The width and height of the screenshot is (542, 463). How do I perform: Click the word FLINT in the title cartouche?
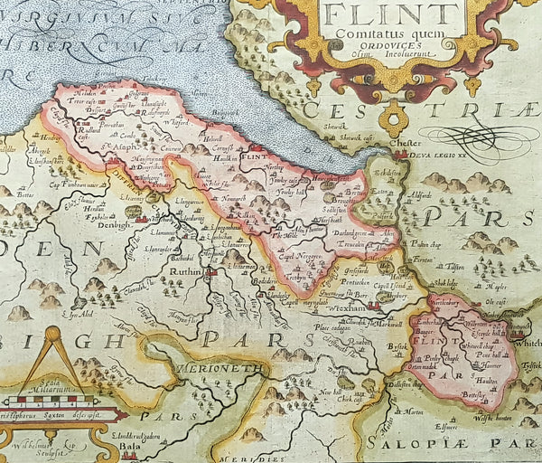[389, 14]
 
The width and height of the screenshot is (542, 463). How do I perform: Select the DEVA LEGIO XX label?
[424, 154]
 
